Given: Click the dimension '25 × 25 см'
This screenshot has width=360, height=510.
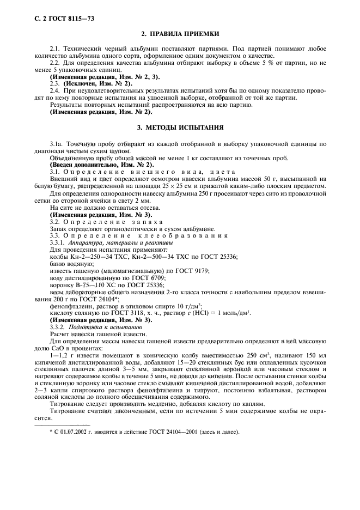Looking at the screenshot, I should coord(188,186).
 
